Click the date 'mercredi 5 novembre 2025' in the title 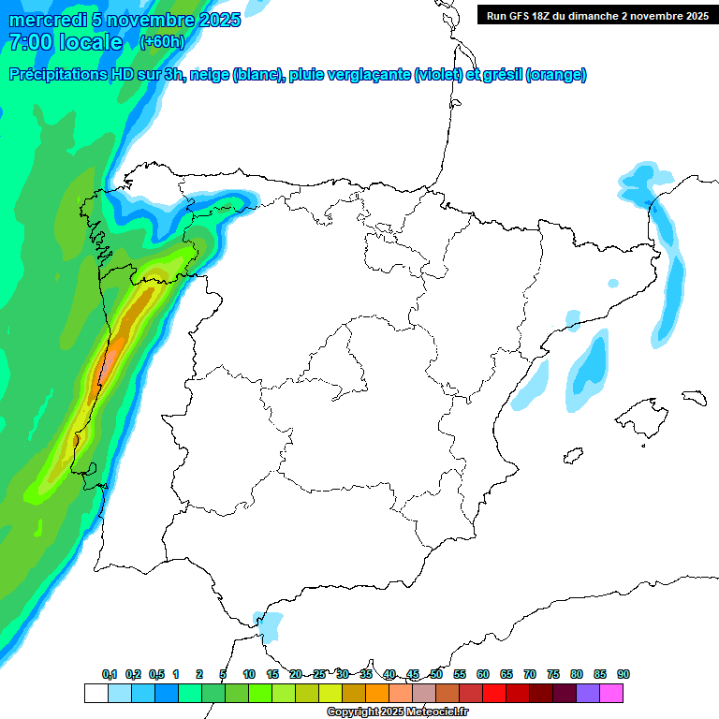click(125, 20)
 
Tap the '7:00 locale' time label click(66, 42)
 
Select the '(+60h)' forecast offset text click(162, 42)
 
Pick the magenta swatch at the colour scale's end click(611, 693)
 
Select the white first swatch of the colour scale click(95, 693)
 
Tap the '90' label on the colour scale click(623, 674)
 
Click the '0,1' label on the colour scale click(110, 674)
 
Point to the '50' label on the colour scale click(436, 674)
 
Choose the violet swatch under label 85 click(588, 693)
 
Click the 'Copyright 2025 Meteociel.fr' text click(398, 712)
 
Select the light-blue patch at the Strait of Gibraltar click(271, 624)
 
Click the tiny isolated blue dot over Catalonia click(612, 283)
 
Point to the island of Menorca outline click(694, 397)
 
